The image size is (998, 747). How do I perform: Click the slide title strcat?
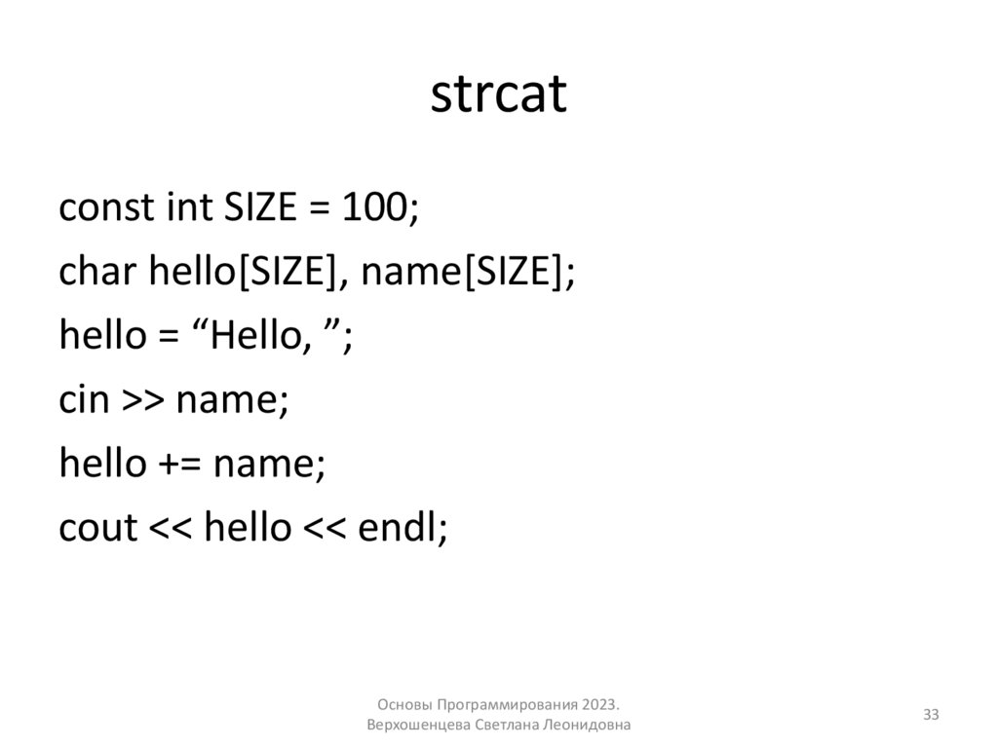[x=498, y=95]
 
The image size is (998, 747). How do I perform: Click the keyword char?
[x=98, y=272]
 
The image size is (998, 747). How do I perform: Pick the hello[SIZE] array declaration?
[x=244, y=272]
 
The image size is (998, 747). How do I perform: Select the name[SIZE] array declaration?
[x=463, y=272]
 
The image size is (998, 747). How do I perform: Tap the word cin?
[x=83, y=400]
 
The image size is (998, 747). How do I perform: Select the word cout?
[x=98, y=528]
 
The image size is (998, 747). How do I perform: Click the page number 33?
[x=931, y=716]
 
